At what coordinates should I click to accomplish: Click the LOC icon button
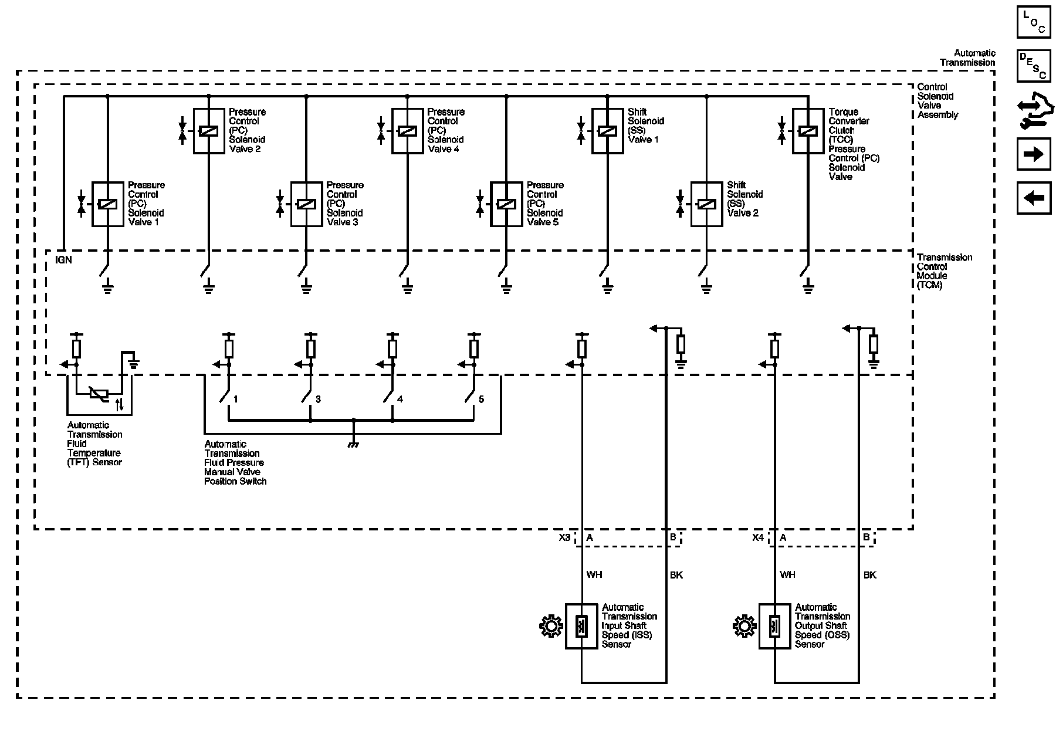1033,22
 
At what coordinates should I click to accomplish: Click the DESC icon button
1033,66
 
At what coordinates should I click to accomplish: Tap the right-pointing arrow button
1033,154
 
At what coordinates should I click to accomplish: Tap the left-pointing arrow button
1033,198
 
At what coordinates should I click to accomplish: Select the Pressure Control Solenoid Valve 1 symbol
108,204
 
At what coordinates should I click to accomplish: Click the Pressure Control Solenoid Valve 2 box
209,131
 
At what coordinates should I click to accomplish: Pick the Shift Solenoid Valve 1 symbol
607,131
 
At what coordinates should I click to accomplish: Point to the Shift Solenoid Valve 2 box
706,204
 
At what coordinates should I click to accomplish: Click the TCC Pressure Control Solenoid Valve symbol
808,131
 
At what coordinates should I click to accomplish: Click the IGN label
63,259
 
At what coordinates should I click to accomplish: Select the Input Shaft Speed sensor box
581,626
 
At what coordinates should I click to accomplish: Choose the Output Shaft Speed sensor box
774,626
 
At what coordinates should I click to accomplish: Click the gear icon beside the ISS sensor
551,627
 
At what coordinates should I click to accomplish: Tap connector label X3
564,537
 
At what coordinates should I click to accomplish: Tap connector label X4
758,537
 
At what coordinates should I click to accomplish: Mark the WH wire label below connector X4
787,575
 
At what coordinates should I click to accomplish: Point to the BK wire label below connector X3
676,575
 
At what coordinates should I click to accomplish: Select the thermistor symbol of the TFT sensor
99,394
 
